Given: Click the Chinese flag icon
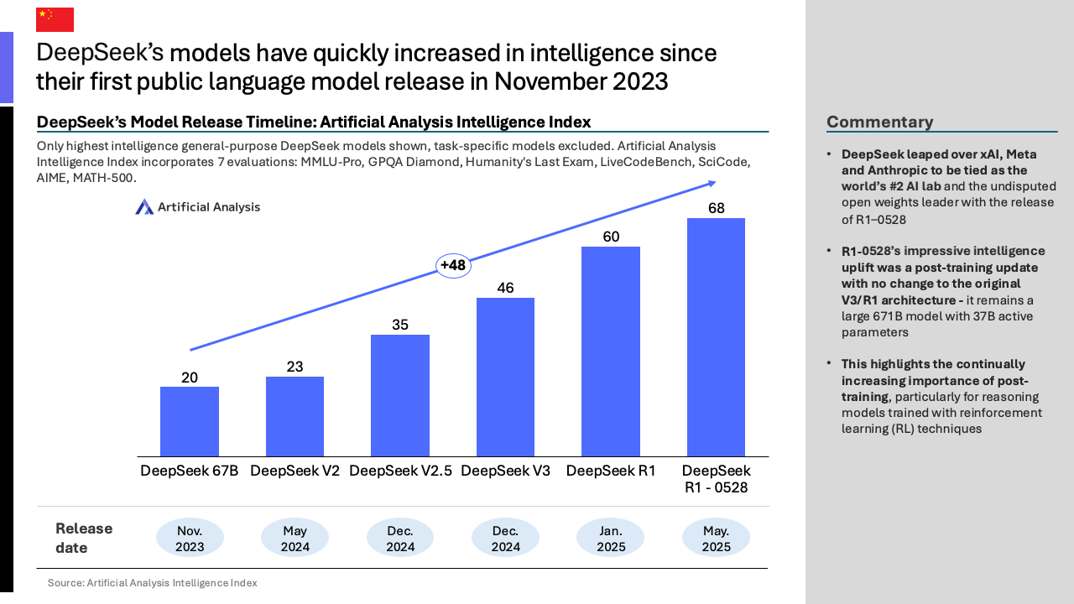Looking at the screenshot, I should [55, 19].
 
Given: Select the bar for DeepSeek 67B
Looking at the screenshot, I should [190, 421].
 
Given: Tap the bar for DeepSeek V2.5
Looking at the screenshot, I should [400, 395].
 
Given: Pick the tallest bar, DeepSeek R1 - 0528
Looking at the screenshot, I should [716, 337].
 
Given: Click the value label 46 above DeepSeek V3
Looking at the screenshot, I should [505, 288].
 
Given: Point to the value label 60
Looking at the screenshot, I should [611, 237].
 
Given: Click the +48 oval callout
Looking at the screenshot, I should [453, 266].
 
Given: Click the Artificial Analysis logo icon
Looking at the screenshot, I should [144, 206].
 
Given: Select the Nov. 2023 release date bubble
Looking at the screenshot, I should [190, 539].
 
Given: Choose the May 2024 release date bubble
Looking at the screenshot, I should [295, 539].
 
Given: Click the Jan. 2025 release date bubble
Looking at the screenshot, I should [611, 539].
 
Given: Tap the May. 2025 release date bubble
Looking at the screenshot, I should [716, 539].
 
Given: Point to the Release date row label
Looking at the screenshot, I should [84, 539].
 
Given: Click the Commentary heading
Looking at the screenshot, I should [879, 122].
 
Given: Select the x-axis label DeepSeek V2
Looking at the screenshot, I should [295, 471].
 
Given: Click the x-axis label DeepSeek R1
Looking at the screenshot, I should [611, 471].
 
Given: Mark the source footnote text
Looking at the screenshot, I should [152, 582].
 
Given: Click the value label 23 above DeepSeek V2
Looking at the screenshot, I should [295, 367].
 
